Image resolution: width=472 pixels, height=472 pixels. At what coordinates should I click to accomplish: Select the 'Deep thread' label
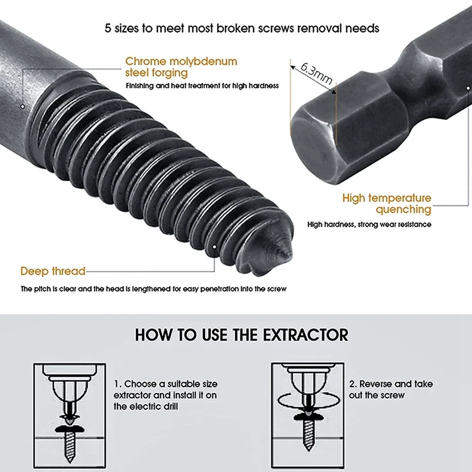coord(53,271)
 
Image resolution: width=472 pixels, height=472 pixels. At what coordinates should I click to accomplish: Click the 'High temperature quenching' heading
coord(387,204)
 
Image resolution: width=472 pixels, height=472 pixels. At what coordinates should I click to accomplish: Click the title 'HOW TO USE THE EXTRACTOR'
coord(242,335)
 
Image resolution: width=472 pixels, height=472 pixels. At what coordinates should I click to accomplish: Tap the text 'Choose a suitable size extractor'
coord(160,389)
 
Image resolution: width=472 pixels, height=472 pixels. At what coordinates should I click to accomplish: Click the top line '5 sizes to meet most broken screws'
coord(236,28)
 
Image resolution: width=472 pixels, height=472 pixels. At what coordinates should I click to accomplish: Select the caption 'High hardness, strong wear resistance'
coord(369,224)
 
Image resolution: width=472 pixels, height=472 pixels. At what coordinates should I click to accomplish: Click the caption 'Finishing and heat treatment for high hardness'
coord(202,86)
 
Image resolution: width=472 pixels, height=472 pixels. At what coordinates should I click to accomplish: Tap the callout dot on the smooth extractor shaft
coord(22,107)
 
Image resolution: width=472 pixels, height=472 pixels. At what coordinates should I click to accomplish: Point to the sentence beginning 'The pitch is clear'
coord(153,289)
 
